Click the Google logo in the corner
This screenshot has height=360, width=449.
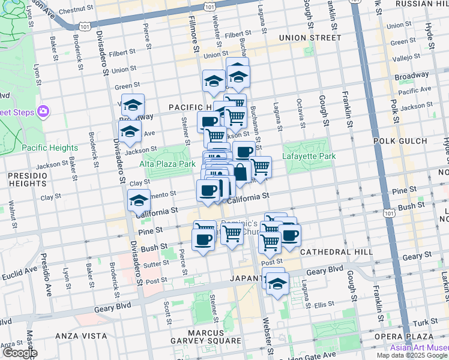(x=19, y=353)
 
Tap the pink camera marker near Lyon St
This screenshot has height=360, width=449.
(x=43, y=111)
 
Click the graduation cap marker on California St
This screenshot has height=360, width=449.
(x=139, y=200)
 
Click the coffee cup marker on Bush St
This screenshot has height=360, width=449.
(x=202, y=240)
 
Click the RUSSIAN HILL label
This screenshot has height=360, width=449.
(x=420, y=4)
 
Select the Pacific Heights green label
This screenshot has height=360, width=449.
(x=50, y=148)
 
